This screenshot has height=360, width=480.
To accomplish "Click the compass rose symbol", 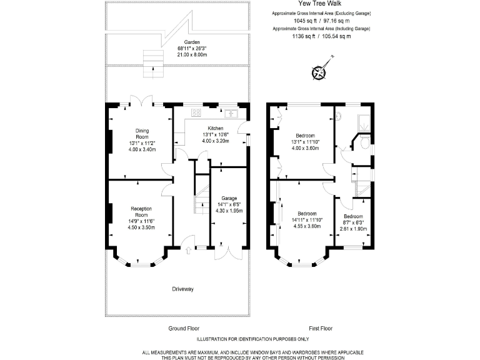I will (x=319, y=72).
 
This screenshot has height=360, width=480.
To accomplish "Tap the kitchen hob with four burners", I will (x=196, y=113).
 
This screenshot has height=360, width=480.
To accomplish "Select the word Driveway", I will (x=183, y=289).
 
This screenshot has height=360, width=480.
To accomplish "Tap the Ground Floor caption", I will (x=184, y=328).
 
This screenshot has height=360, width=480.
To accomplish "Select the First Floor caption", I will (x=321, y=328).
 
